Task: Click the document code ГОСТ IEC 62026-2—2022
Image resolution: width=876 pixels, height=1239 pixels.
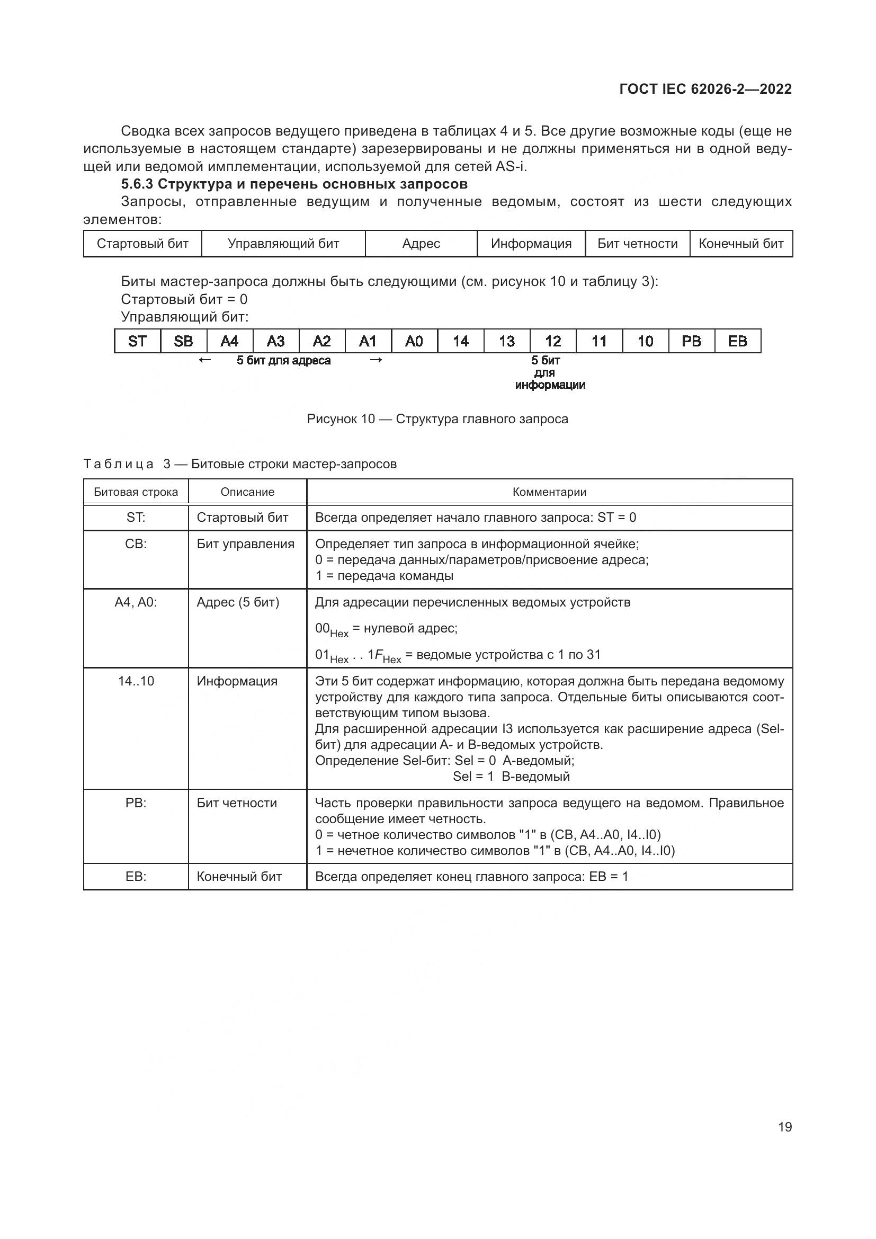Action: (705, 89)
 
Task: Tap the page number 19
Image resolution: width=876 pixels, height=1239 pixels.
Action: (785, 1127)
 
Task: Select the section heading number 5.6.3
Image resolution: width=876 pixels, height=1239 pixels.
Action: (137, 184)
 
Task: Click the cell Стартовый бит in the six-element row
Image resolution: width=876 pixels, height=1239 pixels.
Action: (142, 243)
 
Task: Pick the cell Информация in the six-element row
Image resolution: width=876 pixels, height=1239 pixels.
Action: (531, 243)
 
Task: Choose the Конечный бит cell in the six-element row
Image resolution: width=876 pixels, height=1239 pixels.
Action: (740, 243)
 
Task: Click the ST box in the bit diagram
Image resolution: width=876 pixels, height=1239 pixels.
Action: (137, 341)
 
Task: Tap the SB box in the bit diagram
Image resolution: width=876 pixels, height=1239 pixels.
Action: (183, 341)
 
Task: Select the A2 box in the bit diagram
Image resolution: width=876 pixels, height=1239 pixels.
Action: (321, 341)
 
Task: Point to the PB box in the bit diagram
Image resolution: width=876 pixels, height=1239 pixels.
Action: (691, 341)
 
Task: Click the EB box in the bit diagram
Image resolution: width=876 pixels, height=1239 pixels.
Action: (737, 341)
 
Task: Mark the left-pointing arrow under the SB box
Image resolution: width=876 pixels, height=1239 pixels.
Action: (204, 360)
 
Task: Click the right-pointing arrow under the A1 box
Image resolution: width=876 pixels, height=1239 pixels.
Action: (376, 360)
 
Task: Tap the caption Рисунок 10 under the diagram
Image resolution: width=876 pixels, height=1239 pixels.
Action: (341, 419)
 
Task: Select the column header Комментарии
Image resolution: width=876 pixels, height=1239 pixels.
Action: (549, 492)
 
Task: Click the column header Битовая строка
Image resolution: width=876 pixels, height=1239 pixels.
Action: (136, 492)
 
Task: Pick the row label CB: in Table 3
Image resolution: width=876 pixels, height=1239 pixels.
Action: (136, 544)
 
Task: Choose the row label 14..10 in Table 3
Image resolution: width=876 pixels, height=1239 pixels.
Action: (136, 681)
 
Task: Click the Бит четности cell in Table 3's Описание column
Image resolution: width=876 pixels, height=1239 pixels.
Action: (237, 803)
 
